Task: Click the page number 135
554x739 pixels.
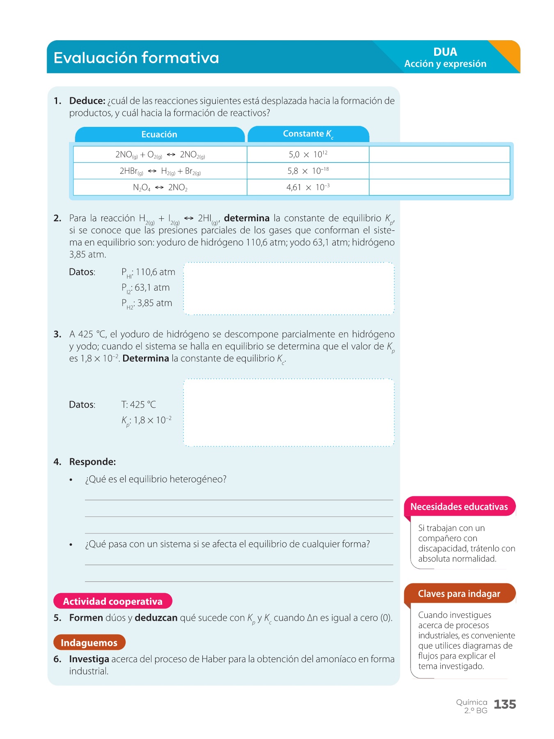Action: tap(505, 705)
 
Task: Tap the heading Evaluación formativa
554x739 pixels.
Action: tap(136, 58)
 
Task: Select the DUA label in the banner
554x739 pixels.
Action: tap(445, 52)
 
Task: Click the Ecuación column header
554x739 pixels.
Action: tap(159, 135)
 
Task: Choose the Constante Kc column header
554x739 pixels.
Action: tap(308, 134)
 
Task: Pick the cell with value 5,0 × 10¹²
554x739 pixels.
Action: tap(308, 155)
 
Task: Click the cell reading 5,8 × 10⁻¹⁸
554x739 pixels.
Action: tap(308, 171)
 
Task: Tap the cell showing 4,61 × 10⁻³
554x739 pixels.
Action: tap(308, 188)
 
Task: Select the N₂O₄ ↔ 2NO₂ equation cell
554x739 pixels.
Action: tap(160, 188)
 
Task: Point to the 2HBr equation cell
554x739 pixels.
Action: tap(160, 171)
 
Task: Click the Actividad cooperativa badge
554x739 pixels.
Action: tap(113, 601)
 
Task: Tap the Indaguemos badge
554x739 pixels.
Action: tap(89, 643)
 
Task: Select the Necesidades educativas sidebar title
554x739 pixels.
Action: tap(459, 507)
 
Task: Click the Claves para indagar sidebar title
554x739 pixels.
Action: tap(459, 594)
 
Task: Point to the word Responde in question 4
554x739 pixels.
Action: tap(92, 462)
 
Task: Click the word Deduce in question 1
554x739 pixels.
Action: tap(87, 101)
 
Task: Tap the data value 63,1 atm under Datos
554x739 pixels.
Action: tap(152, 288)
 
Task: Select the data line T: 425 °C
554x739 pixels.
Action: tap(139, 405)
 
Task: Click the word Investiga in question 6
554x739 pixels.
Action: tap(89, 659)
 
